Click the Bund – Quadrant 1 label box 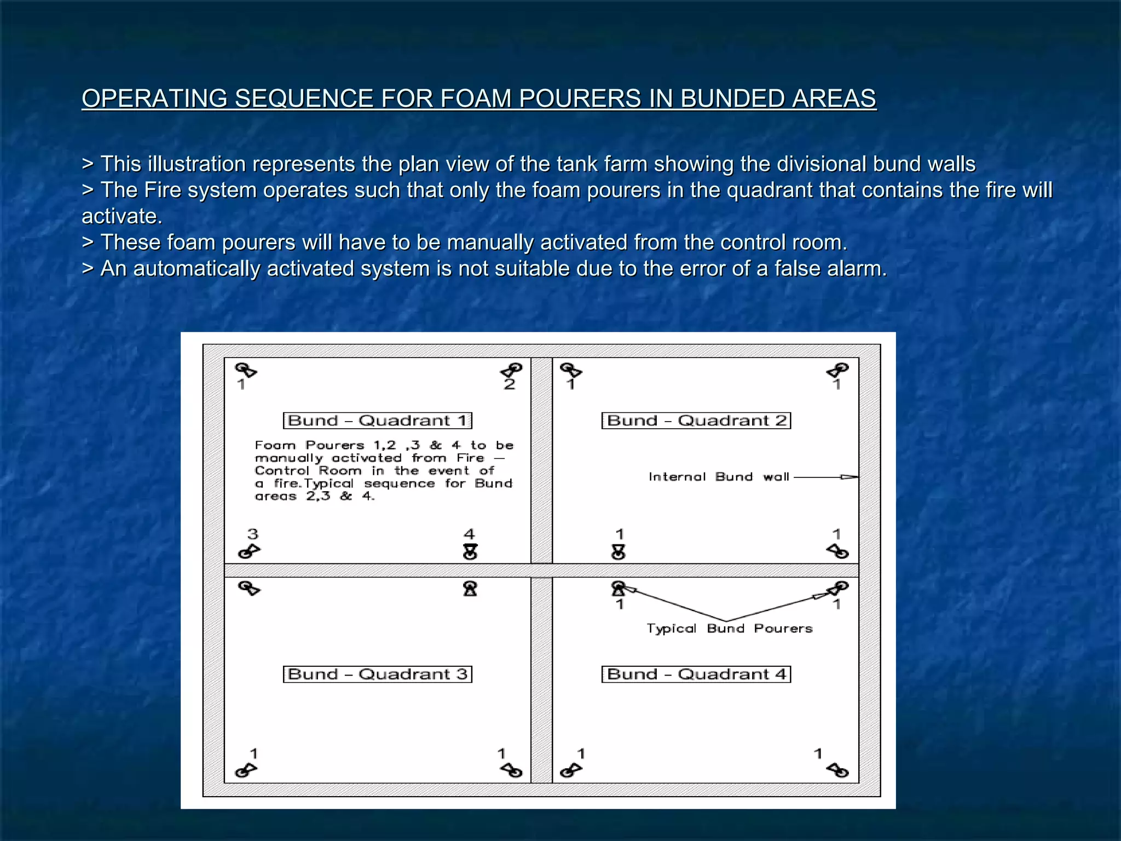tap(377, 420)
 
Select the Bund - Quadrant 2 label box tap(696, 420)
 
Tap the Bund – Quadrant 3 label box tap(377, 674)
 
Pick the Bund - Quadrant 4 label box tap(696, 674)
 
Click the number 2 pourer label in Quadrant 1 tap(510, 384)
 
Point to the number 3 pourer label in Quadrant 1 tap(252, 534)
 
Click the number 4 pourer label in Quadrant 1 tap(469, 534)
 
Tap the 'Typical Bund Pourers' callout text tap(729, 629)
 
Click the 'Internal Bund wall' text tap(719, 477)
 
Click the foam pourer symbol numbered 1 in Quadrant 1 tap(246, 370)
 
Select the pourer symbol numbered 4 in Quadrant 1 tap(470, 551)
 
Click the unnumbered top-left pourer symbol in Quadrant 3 tap(249, 588)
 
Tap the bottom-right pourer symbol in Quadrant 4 tap(838, 770)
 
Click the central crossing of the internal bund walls tap(541, 570)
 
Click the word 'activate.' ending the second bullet tap(122, 216)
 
